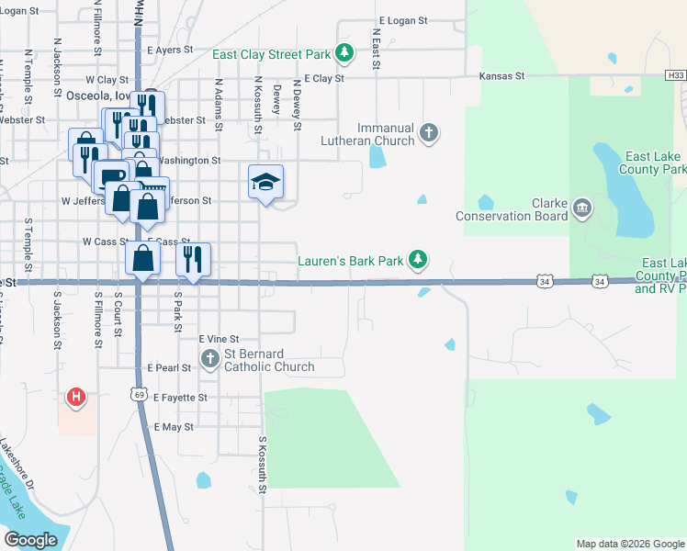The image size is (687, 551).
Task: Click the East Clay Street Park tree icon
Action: pos(344,53)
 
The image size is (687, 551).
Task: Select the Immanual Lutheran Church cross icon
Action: pos(428,134)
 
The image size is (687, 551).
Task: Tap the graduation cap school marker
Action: pos(265,182)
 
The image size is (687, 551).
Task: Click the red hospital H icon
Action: pos(77,398)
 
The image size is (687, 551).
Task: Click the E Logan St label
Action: pos(403,20)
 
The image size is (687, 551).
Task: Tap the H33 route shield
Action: pos(675,75)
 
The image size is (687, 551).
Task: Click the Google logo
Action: pos(30,540)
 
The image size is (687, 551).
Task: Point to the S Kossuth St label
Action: pos(262,464)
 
